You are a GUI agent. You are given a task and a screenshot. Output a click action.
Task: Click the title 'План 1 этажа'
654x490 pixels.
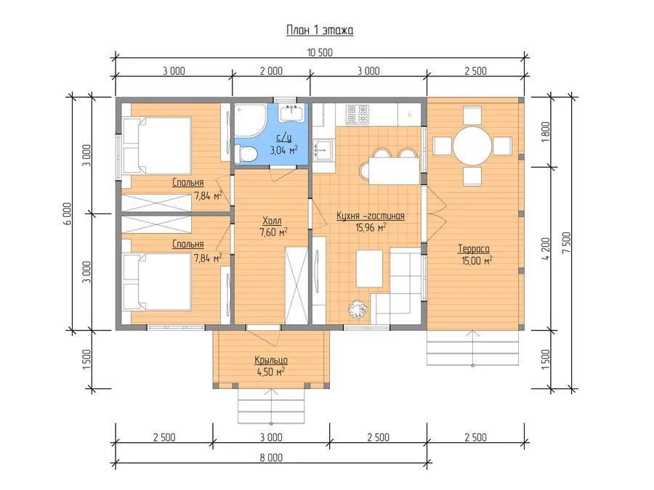click(320, 30)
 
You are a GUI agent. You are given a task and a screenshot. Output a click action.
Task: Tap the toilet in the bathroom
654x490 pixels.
click(246, 154)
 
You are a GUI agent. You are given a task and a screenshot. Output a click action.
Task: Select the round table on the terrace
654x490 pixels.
click(472, 146)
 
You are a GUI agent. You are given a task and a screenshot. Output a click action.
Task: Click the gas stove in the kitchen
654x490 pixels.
click(358, 114)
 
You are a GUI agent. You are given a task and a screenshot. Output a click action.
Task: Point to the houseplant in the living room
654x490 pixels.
click(358, 309)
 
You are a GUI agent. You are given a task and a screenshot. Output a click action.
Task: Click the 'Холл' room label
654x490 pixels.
click(272, 221)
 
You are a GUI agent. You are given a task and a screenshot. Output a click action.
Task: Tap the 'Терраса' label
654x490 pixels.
click(474, 249)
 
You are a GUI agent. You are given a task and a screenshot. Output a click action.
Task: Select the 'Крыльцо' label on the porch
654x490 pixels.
click(271, 360)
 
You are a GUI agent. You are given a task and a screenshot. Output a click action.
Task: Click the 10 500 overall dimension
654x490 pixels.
click(320, 52)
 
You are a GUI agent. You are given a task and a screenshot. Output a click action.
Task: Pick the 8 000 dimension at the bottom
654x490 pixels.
click(272, 457)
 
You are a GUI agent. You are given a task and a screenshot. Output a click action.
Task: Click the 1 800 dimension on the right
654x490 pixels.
click(546, 133)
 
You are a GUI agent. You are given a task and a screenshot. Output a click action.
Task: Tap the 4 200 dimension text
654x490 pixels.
click(546, 249)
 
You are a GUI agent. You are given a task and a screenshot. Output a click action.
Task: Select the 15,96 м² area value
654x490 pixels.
click(371, 227)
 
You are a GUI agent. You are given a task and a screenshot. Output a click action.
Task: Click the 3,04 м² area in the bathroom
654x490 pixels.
click(284, 150)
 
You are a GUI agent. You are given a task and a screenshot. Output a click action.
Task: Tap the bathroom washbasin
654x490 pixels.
click(291, 113)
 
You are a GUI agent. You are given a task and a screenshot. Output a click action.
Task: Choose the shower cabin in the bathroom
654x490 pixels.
click(250, 120)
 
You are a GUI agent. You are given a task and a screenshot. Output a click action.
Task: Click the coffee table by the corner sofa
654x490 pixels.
click(370, 269)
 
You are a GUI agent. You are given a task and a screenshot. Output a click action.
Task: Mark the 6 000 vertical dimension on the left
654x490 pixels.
click(67, 213)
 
